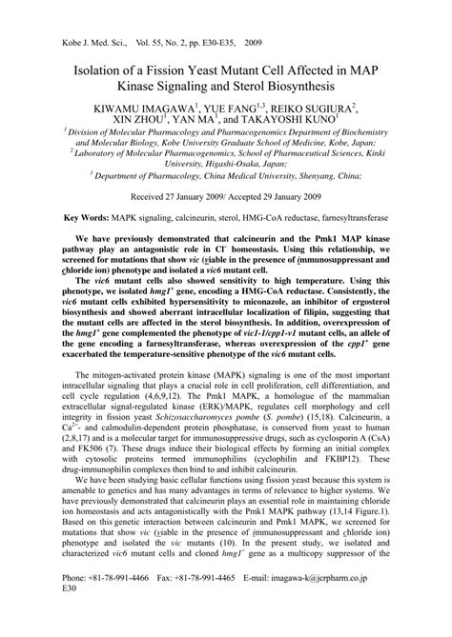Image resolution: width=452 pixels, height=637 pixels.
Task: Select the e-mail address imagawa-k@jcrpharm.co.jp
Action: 354,605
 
